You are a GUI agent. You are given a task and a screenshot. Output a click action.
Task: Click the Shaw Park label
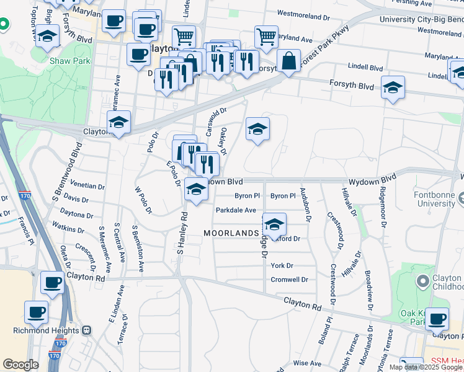click(x=69, y=61)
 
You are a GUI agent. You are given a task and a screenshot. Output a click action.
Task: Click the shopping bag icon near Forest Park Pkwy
click(x=288, y=61)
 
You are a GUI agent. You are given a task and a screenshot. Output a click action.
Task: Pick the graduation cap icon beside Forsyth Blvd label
click(x=393, y=87)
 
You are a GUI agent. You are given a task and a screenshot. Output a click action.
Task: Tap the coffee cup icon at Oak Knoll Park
click(x=437, y=319)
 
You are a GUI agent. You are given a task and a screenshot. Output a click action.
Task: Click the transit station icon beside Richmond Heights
click(x=87, y=330)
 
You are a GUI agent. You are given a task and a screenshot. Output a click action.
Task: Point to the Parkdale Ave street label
click(x=236, y=210)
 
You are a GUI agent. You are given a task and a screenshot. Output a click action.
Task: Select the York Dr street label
click(x=282, y=265)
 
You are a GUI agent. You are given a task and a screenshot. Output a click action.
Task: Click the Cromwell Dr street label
click(x=289, y=280)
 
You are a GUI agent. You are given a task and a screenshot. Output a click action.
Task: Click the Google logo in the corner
click(x=20, y=365)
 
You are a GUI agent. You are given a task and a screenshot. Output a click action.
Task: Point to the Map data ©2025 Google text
click(x=426, y=367)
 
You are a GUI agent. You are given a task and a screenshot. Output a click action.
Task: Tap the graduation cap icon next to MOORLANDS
click(x=274, y=224)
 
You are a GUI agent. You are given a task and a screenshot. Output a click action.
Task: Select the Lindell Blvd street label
click(x=365, y=66)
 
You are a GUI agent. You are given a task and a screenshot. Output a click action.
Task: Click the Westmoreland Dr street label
click(x=301, y=12)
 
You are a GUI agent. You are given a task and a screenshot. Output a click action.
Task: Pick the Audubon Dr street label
click(x=305, y=204)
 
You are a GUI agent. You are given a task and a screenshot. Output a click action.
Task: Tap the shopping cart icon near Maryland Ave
click(x=266, y=36)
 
